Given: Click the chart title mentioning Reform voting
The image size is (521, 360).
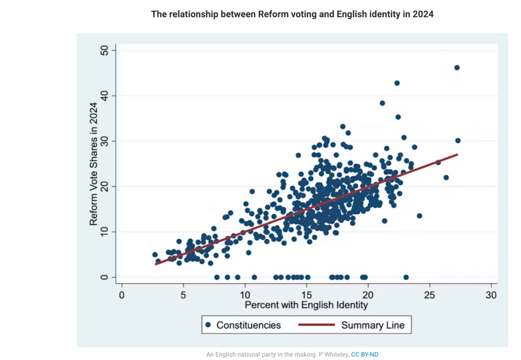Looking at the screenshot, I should click(292, 14).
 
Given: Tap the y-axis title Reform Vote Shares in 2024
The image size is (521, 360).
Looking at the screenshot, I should click(94, 164).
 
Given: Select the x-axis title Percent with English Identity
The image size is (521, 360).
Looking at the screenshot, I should click(306, 305).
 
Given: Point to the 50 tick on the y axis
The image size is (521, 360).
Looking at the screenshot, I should click(104, 51).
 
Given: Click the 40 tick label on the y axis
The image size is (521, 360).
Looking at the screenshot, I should click(104, 96).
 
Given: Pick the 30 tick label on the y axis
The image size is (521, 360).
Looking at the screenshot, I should click(104, 141).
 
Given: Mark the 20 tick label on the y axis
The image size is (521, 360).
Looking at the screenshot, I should click(104, 187).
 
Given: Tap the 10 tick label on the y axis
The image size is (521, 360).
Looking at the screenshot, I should click(104, 232).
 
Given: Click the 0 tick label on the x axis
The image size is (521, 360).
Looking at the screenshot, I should click(122, 295).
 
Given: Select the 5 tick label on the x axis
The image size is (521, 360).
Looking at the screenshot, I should click(183, 295).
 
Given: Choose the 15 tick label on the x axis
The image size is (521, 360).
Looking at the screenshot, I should click(306, 295).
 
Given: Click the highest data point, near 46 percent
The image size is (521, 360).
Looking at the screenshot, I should click(457, 68).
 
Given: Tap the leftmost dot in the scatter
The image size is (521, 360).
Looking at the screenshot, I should click(155, 255).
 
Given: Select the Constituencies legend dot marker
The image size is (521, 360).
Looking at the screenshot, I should click(208, 325).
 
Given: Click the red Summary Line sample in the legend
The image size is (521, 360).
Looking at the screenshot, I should click(316, 325).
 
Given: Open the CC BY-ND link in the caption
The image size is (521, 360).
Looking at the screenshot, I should click(365, 355).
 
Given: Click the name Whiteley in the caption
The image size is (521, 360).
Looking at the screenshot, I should click(336, 355).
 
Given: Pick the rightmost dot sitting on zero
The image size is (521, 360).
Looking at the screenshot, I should click(406, 277).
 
